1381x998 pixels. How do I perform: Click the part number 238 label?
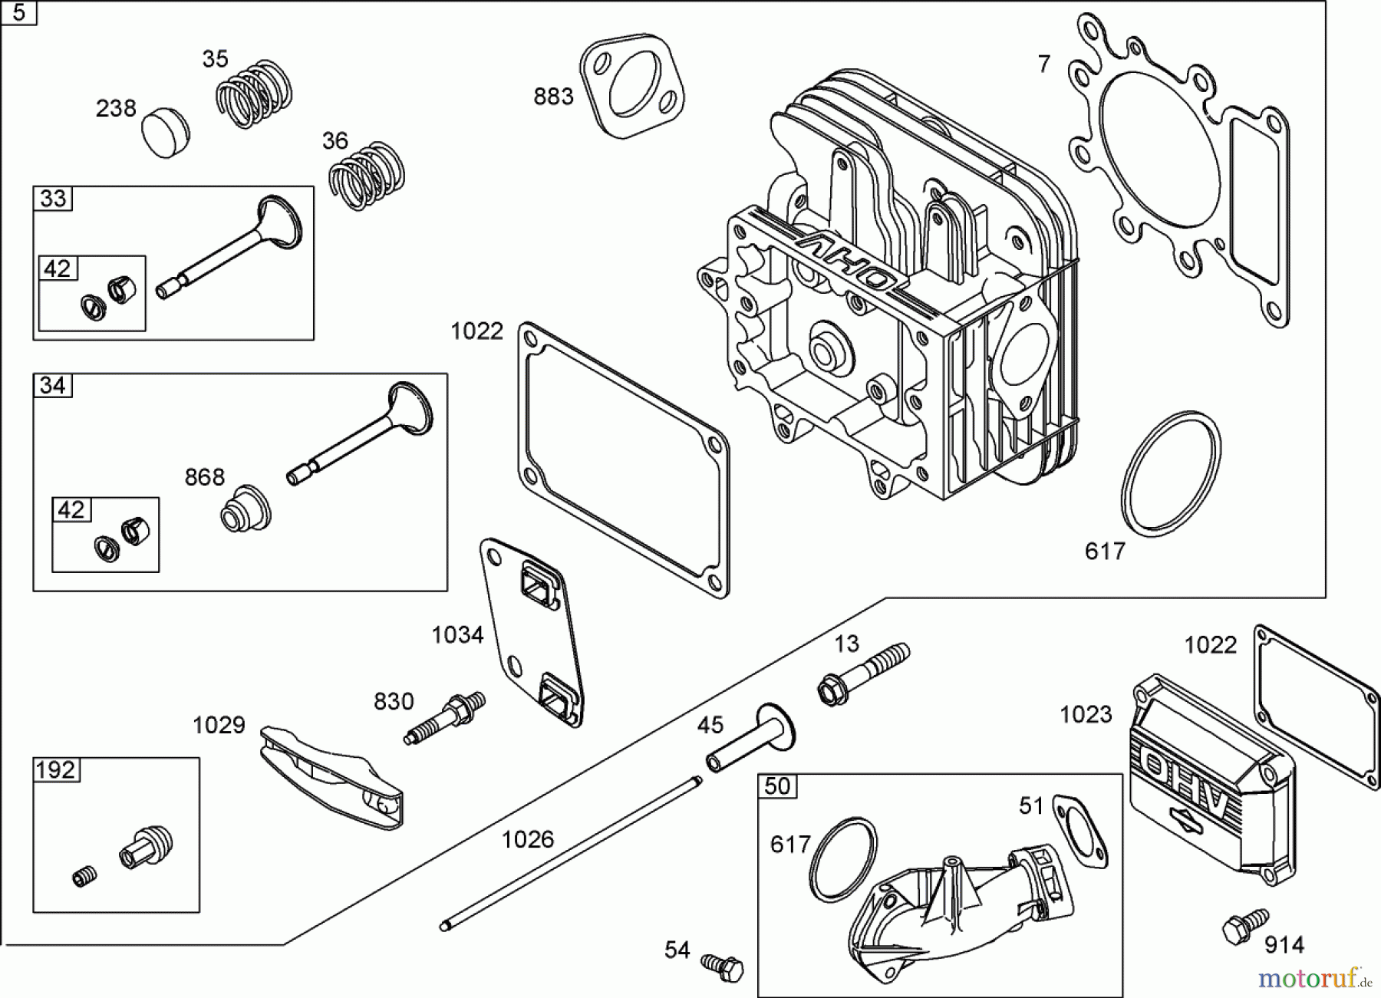(x=116, y=108)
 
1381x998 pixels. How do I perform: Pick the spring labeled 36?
(x=367, y=176)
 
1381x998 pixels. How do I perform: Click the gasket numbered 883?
(x=632, y=86)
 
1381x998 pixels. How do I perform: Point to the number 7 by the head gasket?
(x=1043, y=64)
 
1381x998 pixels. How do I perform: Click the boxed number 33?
(x=53, y=199)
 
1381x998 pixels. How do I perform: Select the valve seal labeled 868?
(x=246, y=508)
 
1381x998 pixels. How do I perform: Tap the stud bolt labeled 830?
(x=445, y=717)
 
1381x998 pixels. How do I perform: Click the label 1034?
(x=457, y=634)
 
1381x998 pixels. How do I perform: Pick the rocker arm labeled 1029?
(x=330, y=779)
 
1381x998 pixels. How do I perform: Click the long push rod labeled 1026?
(x=572, y=851)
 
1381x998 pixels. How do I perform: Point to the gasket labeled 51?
(x=1079, y=832)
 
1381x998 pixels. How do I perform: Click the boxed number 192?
(x=56, y=769)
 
